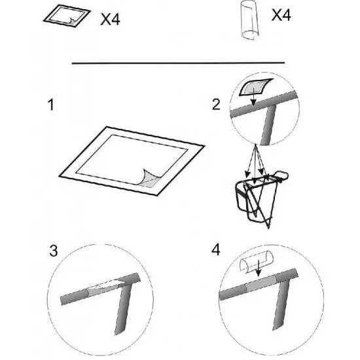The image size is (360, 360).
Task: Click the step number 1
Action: (51, 105)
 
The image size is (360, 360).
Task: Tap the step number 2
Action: (216, 105)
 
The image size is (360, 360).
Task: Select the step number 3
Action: (54, 251)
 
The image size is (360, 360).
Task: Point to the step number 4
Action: (215, 250)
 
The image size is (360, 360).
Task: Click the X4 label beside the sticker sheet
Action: (110, 19)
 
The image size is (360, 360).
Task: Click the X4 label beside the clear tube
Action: (281, 15)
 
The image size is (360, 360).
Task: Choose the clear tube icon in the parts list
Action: (249, 21)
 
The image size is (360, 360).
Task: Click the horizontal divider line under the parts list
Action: (179, 63)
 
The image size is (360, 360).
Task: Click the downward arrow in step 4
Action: (259, 268)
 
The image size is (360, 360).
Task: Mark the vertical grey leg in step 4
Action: (279, 307)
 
